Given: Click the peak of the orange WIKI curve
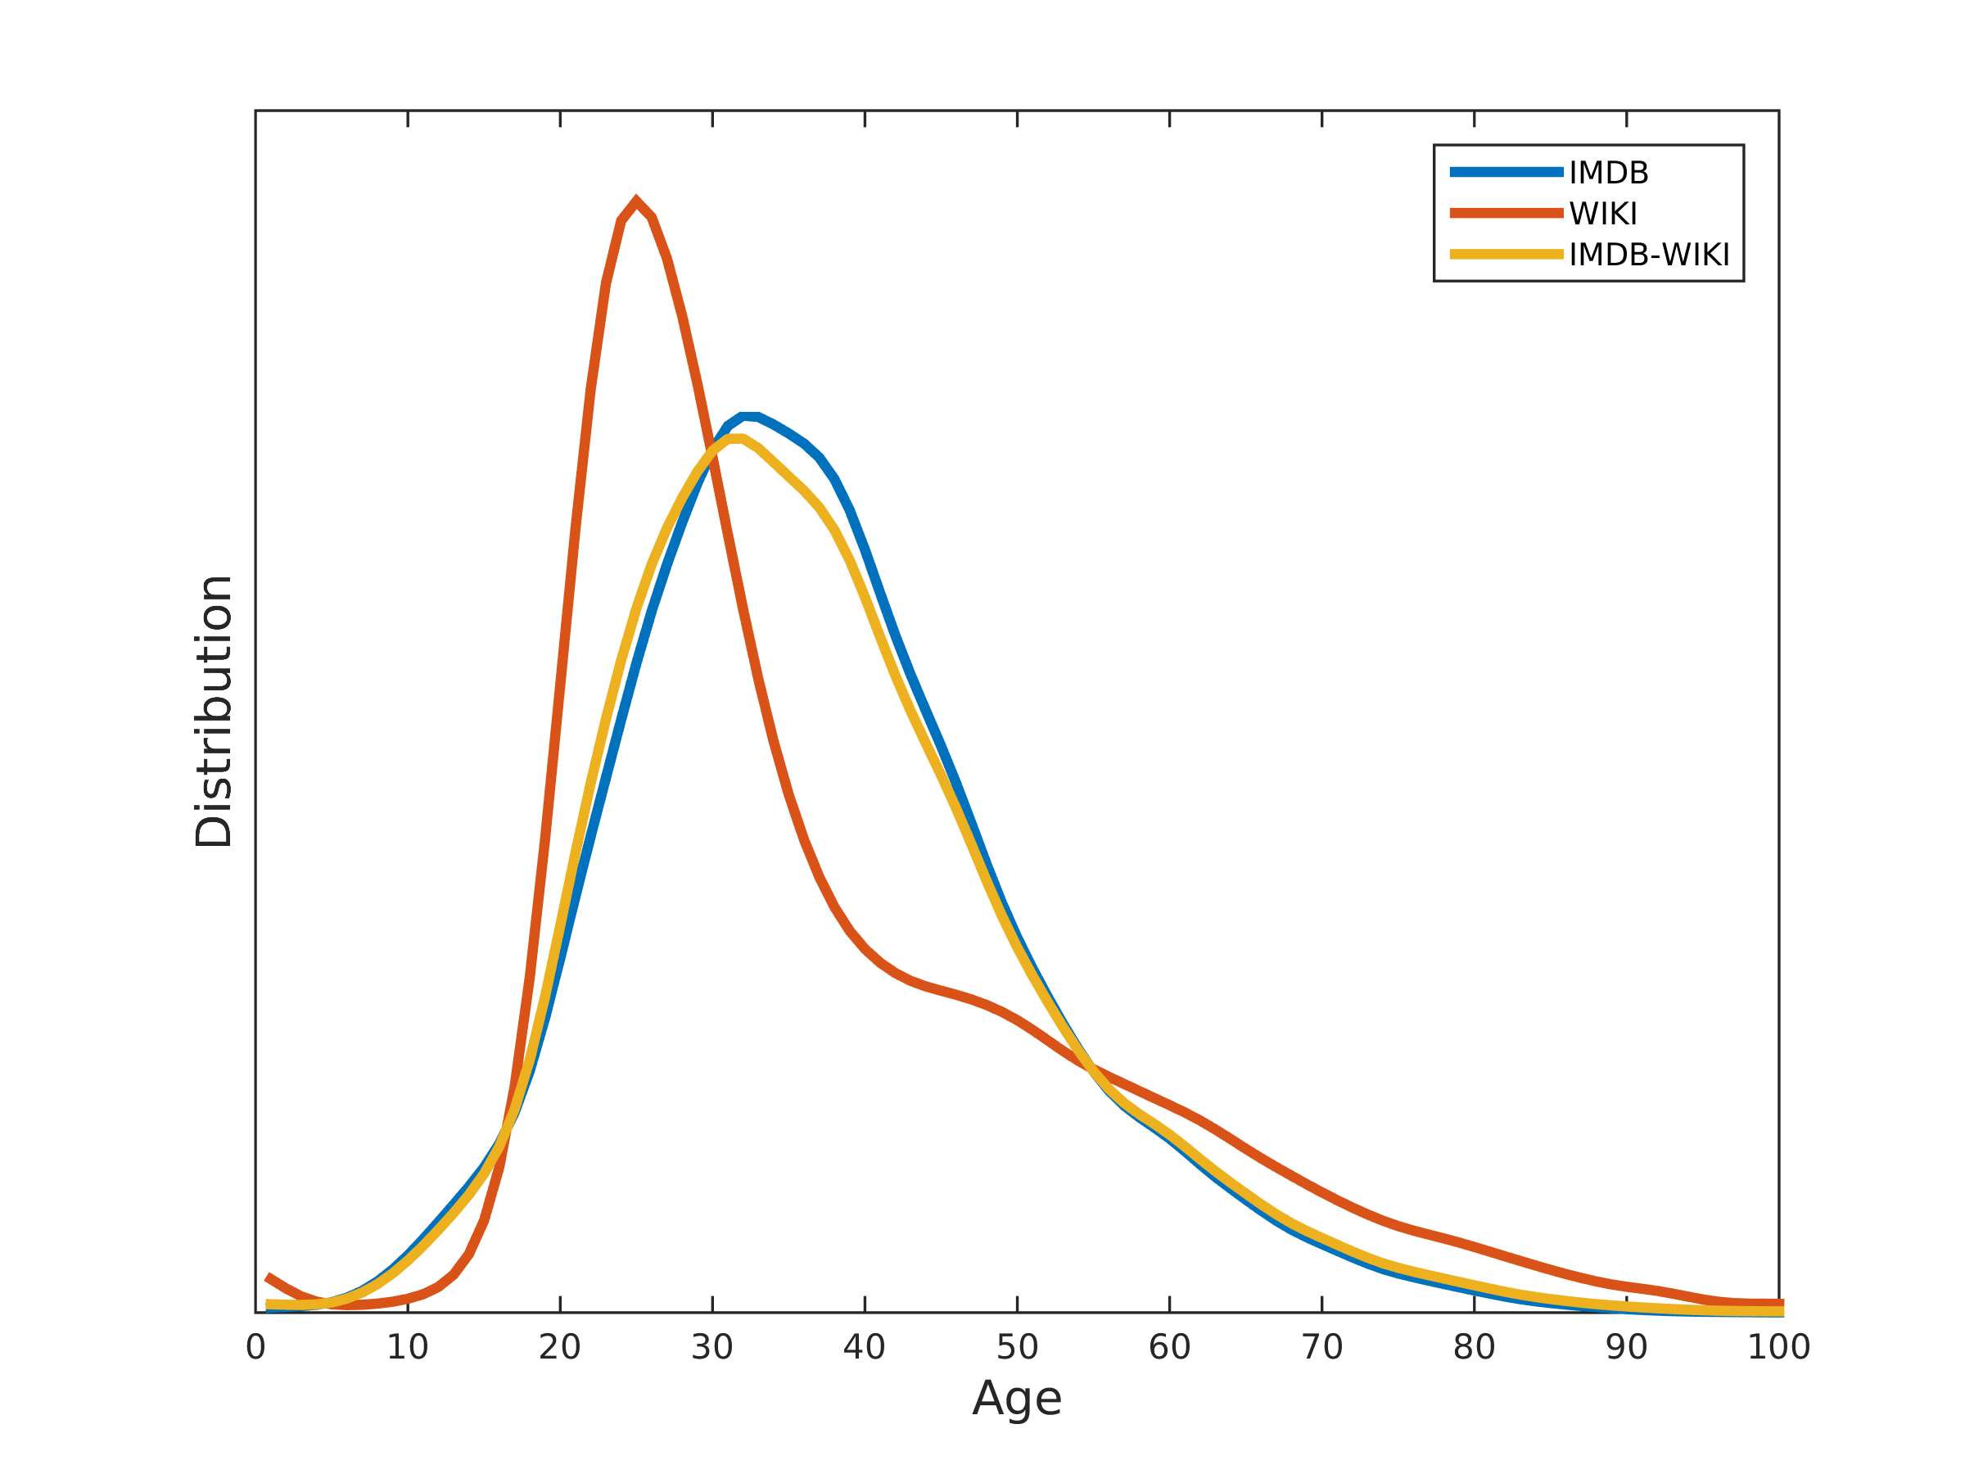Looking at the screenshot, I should click(636, 200).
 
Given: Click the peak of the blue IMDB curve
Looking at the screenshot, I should click(748, 416).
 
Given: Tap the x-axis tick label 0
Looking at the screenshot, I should click(255, 1348).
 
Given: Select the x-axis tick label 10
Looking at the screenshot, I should click(408, 1348).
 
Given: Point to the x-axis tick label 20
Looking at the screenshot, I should click(560, 1348).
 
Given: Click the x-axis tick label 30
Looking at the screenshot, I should click(712, 1348).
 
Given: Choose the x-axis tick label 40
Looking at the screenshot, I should click(865, 1348).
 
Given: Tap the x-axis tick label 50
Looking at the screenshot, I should click(1017, 1348).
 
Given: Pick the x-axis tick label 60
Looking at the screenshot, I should click(1169, 1348).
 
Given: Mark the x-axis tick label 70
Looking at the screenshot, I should click(1321, 1348).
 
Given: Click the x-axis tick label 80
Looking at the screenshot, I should click(1474, 1348).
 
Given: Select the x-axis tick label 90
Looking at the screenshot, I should click(1627, 1348).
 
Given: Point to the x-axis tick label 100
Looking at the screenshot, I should click(1778, 1348).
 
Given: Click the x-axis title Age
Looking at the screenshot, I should click(1017, 1399).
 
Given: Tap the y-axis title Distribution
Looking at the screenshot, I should click(214, 712).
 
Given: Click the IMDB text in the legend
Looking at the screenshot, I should click(1609, 174).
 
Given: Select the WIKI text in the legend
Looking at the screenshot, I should click(1602, 214).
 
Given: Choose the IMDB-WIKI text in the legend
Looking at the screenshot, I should click(1649, 255).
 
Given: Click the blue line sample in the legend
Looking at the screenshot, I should click(1506, 172).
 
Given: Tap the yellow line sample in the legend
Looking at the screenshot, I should click(1506, 254).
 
